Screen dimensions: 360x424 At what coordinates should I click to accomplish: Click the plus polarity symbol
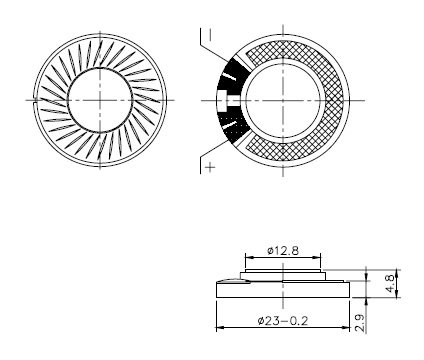click(x=209, y=168)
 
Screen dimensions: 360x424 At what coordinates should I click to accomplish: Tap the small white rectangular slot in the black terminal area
click(x=221, y=101)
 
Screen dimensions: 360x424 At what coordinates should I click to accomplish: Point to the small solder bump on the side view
click(x=229, y=284)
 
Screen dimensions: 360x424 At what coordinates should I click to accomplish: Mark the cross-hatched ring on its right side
click(x=336, y=100)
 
